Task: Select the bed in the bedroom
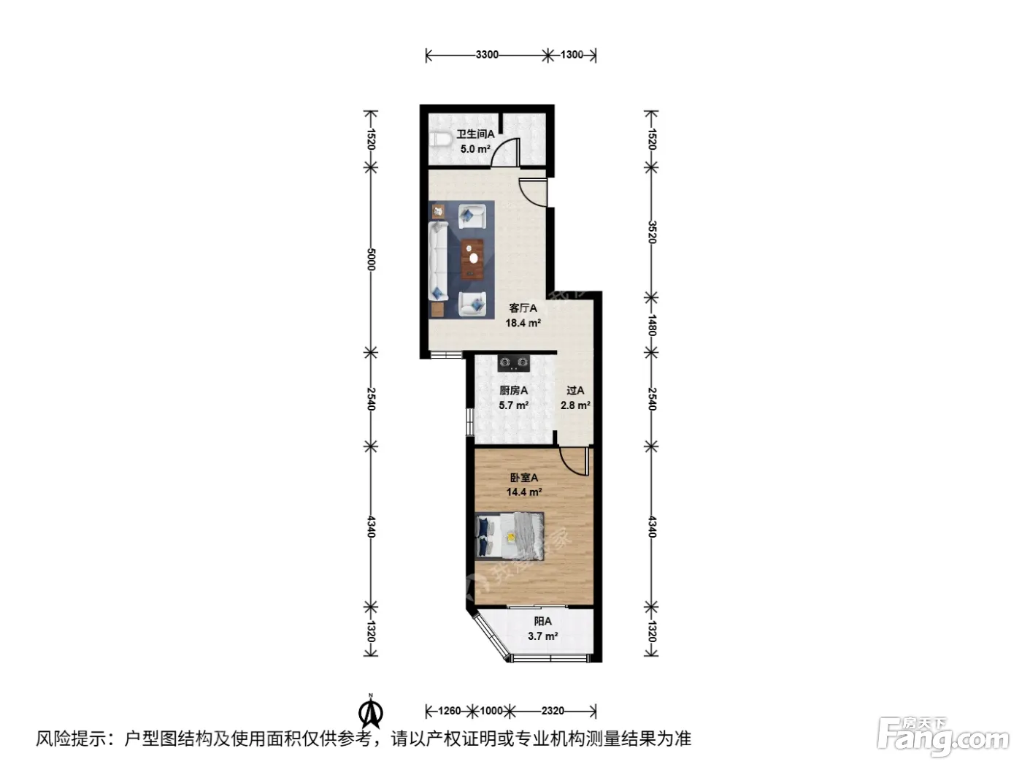coord(510,535)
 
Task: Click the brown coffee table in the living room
coord(472,259)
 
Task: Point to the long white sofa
coord(438,261)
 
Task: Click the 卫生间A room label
coord(475,134)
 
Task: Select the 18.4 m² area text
coord(523,323)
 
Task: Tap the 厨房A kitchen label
coord(514,391)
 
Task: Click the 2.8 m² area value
coord(575,405)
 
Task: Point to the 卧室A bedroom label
coord(524,477)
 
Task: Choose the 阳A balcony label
coord(542,621)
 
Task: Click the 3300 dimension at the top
coord(487,55)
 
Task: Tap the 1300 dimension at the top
coord(572,55)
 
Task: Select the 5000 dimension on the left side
coord(371,259)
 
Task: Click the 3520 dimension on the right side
coord(652,232)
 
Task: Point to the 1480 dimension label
coord(652,325)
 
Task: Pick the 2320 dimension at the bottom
coord(553,711)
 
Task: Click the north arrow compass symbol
coord(371,711)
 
